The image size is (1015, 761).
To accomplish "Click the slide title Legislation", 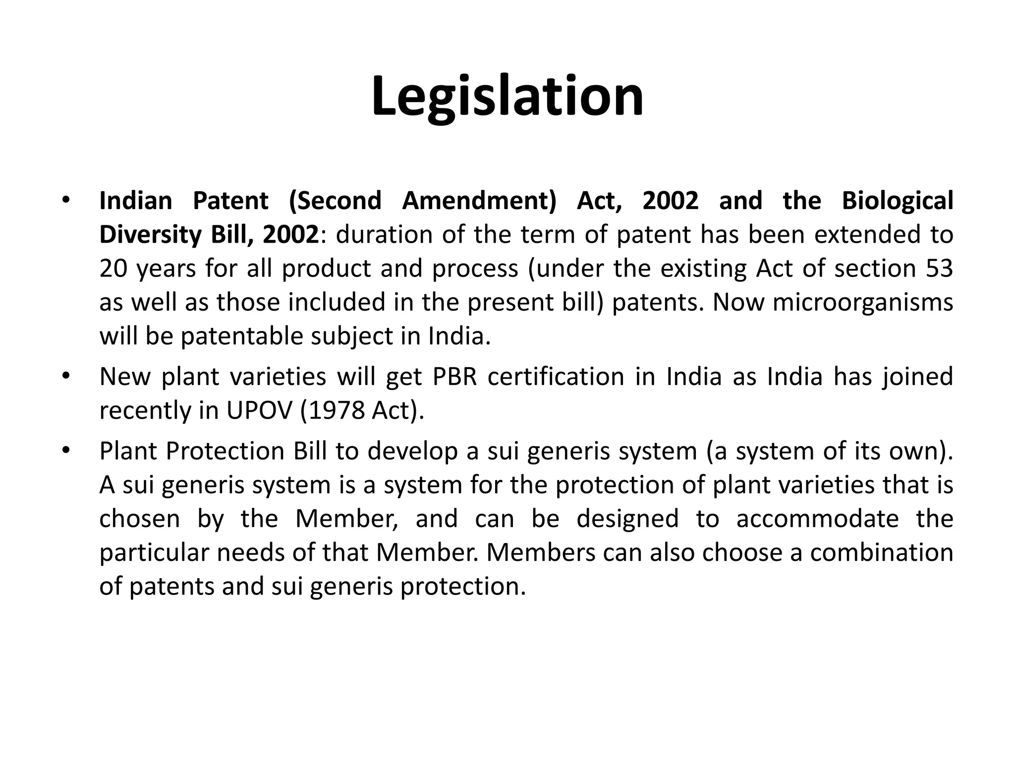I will point(507,97).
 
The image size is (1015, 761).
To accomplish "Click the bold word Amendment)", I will point(479,201).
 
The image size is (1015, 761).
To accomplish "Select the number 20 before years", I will point(113,268).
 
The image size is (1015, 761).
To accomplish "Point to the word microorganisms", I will point(863,302).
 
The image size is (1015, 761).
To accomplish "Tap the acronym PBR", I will point(454,377).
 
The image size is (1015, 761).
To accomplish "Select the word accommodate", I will point(817,519).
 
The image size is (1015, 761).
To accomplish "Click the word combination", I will point(882,552).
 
